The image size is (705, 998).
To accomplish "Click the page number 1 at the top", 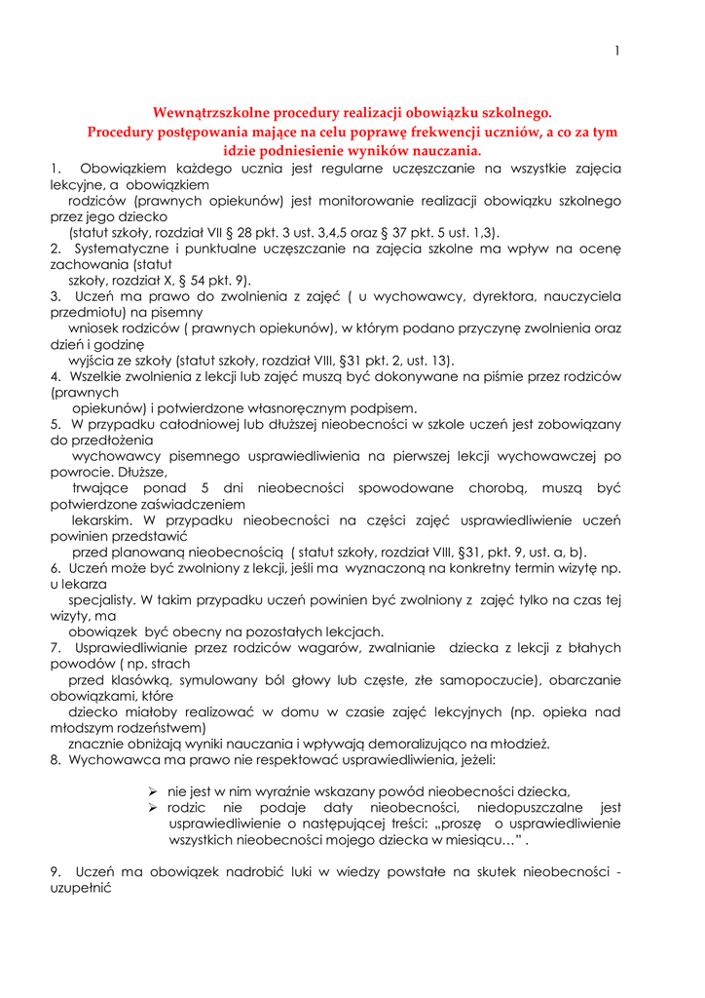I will [617, 52].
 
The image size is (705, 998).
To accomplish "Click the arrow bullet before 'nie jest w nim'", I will [153, 790].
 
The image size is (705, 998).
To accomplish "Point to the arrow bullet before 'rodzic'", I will [153, 807].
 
